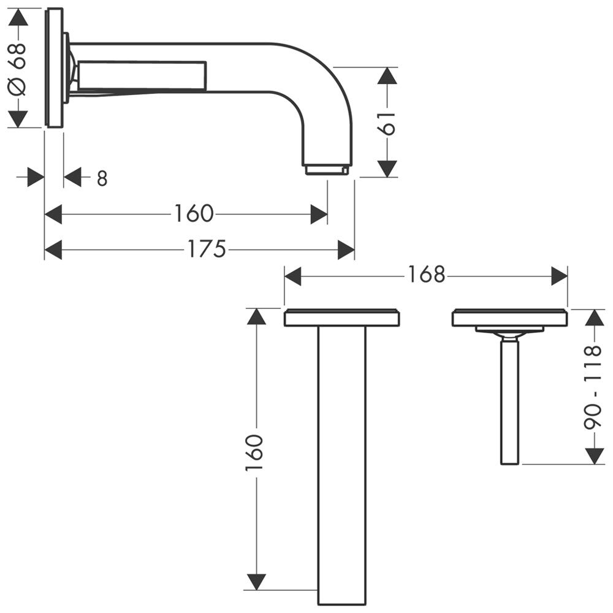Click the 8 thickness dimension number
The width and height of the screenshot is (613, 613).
point(102,178)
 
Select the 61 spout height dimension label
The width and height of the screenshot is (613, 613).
point(388,123)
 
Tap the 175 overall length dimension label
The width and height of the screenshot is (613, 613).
point(207,249)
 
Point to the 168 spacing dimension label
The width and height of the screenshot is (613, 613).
point(427,275)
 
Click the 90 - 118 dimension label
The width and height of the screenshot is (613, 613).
point(593,387)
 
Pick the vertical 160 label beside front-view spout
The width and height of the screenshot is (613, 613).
point(254,452)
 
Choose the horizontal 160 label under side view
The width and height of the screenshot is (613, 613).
point(194,213)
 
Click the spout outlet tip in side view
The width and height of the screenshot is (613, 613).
point(327,170)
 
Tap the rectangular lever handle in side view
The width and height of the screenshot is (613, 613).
point(142,75)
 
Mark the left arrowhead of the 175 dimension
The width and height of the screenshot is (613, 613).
point(53,250)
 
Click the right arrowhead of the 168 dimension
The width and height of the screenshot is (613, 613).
point(559,276)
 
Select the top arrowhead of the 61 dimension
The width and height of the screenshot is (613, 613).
point(387,76)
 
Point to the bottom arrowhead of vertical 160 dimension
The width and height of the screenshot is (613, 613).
point(256,582)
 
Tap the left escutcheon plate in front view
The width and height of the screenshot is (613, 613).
point(341,318)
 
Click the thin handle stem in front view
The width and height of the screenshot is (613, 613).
point(510,402)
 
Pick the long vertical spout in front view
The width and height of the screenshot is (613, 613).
point(342,466)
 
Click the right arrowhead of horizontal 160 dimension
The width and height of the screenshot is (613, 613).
point(319,214)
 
